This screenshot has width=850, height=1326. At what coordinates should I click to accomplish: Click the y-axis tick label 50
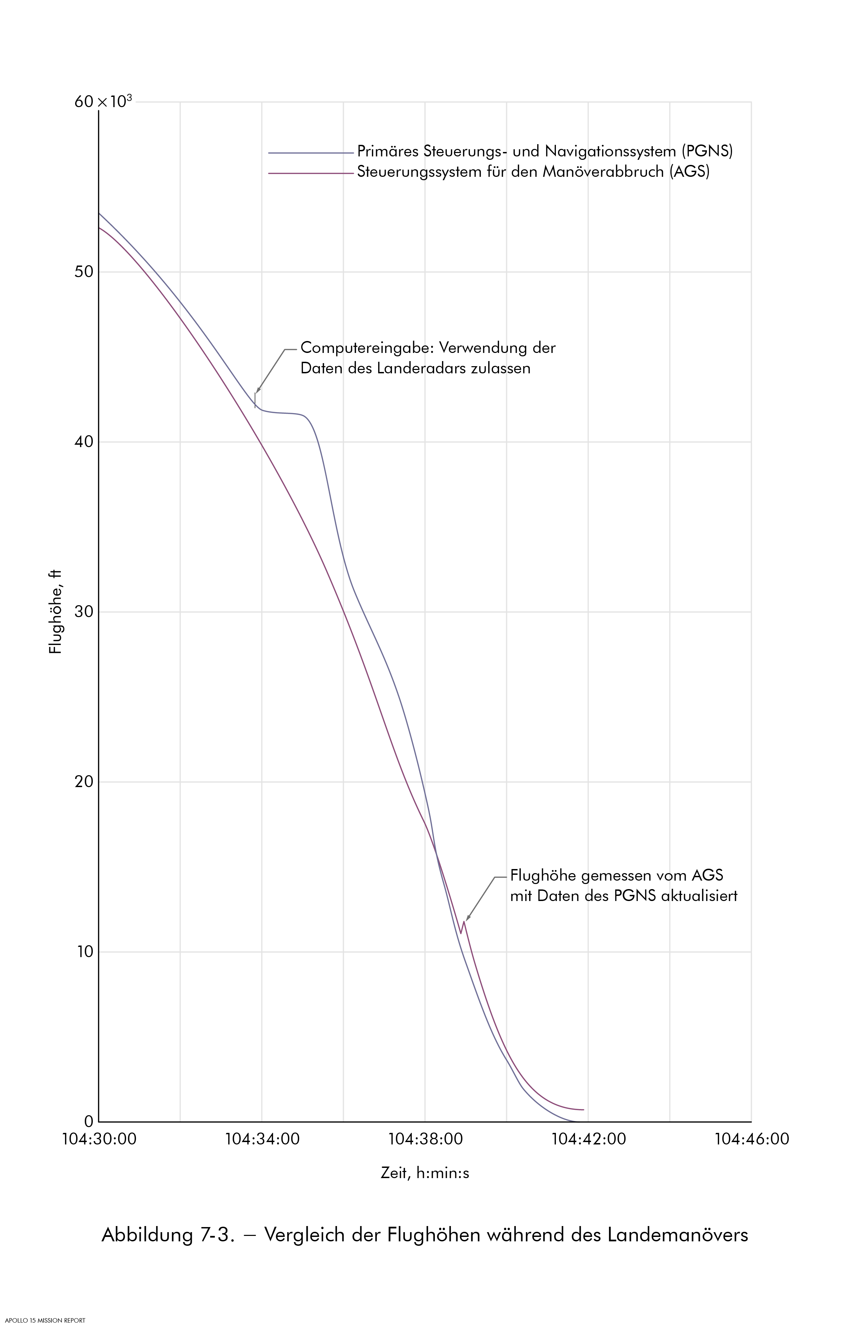84,272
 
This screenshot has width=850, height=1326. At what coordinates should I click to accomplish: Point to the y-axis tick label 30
84,612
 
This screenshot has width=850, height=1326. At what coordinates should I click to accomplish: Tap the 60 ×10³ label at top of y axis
103,102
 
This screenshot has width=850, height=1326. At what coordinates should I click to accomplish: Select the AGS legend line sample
310,173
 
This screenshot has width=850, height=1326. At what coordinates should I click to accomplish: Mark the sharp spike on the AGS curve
464,921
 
